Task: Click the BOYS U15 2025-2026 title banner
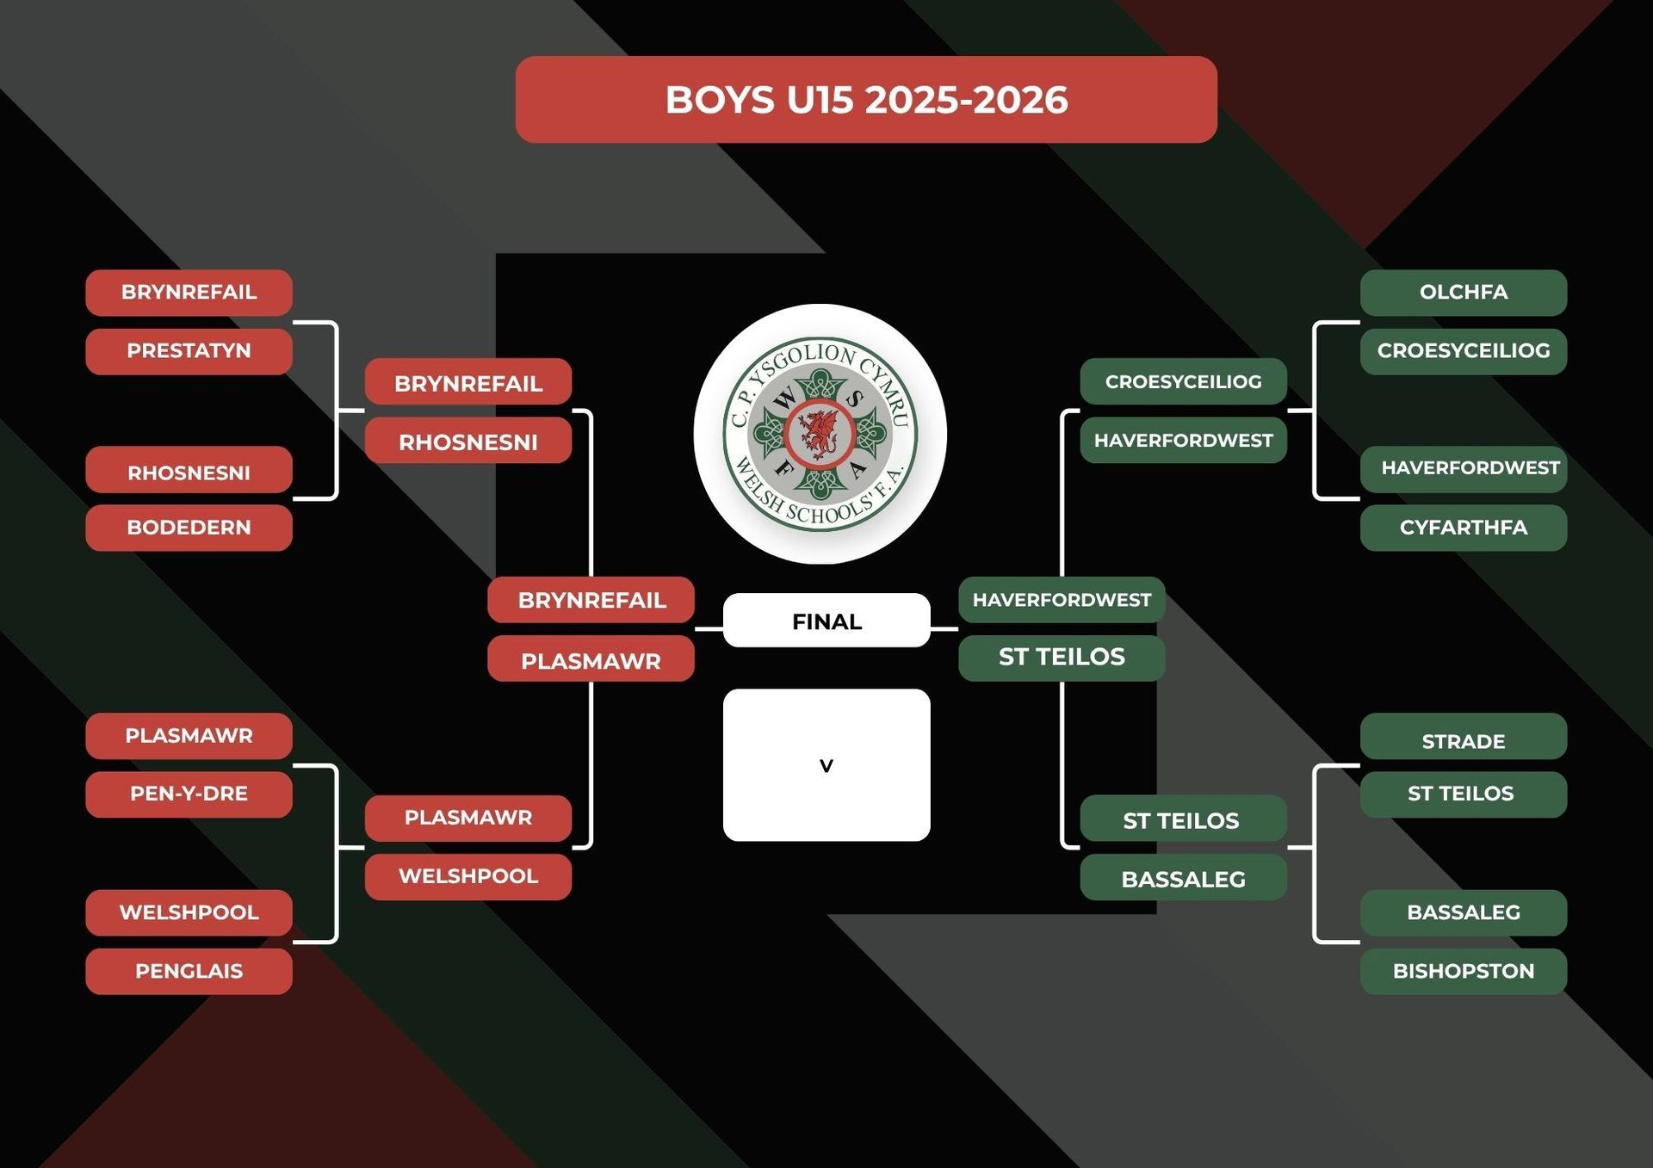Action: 866,100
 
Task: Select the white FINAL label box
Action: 826,621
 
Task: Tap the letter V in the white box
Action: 826,765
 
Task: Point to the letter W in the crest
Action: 785,399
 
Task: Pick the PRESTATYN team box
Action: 189,351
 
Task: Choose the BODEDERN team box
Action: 189,528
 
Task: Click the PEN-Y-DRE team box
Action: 189,794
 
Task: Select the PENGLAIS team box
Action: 189,971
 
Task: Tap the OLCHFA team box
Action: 1464,293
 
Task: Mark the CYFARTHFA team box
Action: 1464,528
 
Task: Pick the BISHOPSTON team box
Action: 1464,971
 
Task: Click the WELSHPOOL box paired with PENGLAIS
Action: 189,912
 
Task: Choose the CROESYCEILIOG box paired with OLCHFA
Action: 1464,351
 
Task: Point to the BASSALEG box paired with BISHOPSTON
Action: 1464,912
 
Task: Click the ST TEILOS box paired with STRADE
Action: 1464,794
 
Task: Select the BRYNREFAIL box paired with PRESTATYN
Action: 189,293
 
